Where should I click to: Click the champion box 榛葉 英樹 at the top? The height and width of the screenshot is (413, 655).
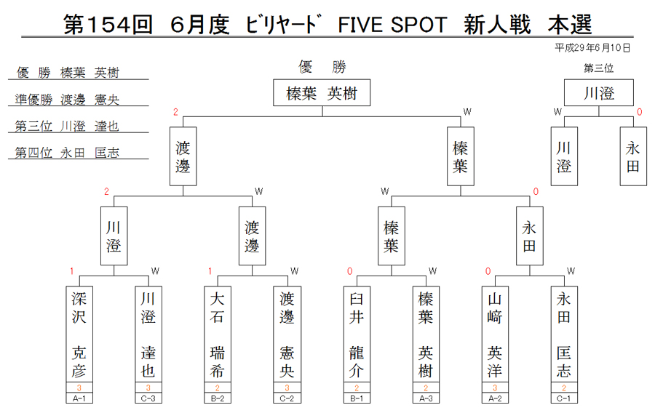[x=322, y=92]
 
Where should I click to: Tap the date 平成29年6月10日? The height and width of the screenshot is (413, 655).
[x=592, y=48]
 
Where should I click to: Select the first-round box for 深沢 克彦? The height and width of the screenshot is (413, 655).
[x=79, y=334]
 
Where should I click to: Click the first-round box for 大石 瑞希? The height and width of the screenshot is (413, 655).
[x=217, y=334]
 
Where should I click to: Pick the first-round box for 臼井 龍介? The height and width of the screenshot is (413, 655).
[x=357, y=334]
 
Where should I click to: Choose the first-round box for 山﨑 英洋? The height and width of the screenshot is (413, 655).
[x=495, y=334]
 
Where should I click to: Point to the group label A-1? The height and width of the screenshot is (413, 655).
[x=79, y=398]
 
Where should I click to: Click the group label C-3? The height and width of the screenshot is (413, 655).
[x=148, y=398]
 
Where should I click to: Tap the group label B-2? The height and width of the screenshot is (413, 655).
[x=217, y=398]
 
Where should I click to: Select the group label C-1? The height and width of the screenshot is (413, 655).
[x=564, y=398]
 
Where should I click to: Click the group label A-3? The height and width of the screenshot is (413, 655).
[x=426, y=398]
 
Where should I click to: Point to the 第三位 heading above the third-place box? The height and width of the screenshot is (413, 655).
[x=599, y=68]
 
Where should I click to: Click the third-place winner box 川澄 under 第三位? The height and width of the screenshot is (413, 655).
[x=599, y=92]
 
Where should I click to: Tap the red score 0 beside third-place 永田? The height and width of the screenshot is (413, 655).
[x=639, y=112]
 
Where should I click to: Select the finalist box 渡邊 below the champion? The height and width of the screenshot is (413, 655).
[x=183, y=156]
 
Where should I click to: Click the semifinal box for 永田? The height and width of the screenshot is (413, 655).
[x=530, y=236]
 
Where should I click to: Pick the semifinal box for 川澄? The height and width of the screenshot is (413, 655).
[x=114, y=236]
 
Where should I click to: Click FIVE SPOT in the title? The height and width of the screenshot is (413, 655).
[x=392, y=25]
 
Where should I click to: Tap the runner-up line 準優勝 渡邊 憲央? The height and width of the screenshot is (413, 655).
[x=67, y=100]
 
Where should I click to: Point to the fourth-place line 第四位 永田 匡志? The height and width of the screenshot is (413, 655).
[x=67, y=153]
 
